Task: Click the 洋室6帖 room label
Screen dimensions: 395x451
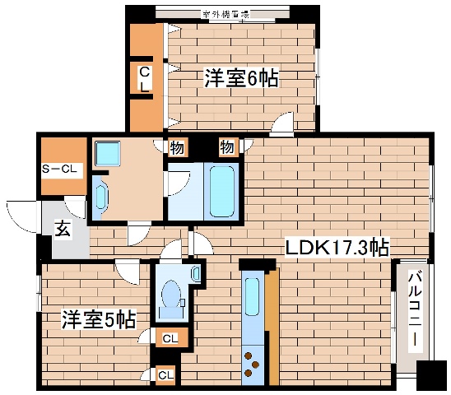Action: point(240,79)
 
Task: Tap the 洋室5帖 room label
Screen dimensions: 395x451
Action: point(98,319)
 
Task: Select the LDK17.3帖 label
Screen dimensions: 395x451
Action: point(337,246)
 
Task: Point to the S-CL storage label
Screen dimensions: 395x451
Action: point(61,170)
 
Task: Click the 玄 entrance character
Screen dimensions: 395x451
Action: point(63,229)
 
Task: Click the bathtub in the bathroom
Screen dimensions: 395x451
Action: point(221,190)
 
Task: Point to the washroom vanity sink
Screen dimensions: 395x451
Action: point(100,197)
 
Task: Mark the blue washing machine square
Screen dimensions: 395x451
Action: point(107,153)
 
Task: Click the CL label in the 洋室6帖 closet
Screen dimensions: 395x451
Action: point(143,78)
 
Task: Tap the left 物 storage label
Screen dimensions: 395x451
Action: point(177,148)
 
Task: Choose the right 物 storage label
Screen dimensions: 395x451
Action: point(226,148)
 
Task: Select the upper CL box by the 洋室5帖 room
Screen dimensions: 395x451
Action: point(169,337)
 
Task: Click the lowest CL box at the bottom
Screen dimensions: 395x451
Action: point(165,375)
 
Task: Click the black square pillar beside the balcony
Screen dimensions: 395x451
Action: point(432,377)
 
